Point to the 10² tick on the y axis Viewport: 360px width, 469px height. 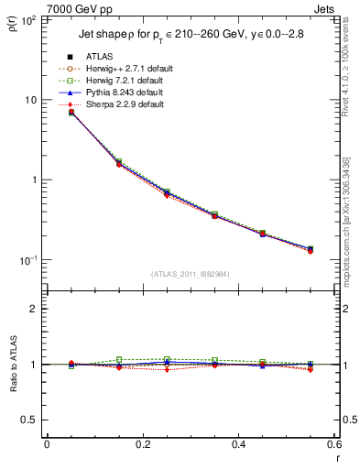click(x=31, y=19)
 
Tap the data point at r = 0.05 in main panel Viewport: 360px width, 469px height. click(x=71, y=112)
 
